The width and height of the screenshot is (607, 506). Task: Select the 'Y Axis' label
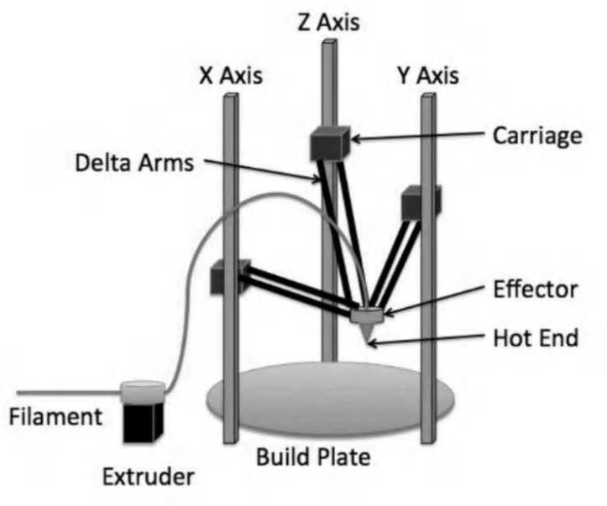pos(429,76)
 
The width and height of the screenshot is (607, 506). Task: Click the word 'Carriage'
pos(536,135)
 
